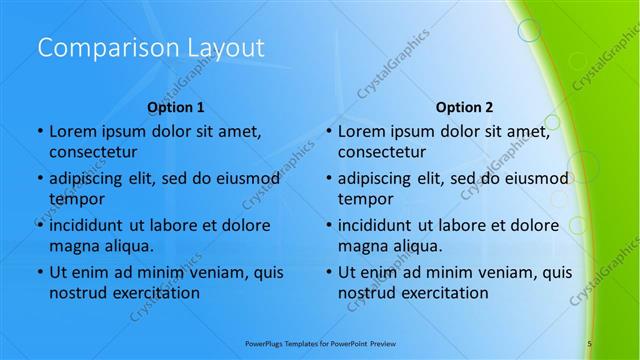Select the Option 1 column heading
coord(175,106)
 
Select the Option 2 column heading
coord(464,106)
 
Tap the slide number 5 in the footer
coord(590,343)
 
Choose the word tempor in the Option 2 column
coord(366,199)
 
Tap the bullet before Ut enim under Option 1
coord(38,272)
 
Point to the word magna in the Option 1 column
coord(73,246)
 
